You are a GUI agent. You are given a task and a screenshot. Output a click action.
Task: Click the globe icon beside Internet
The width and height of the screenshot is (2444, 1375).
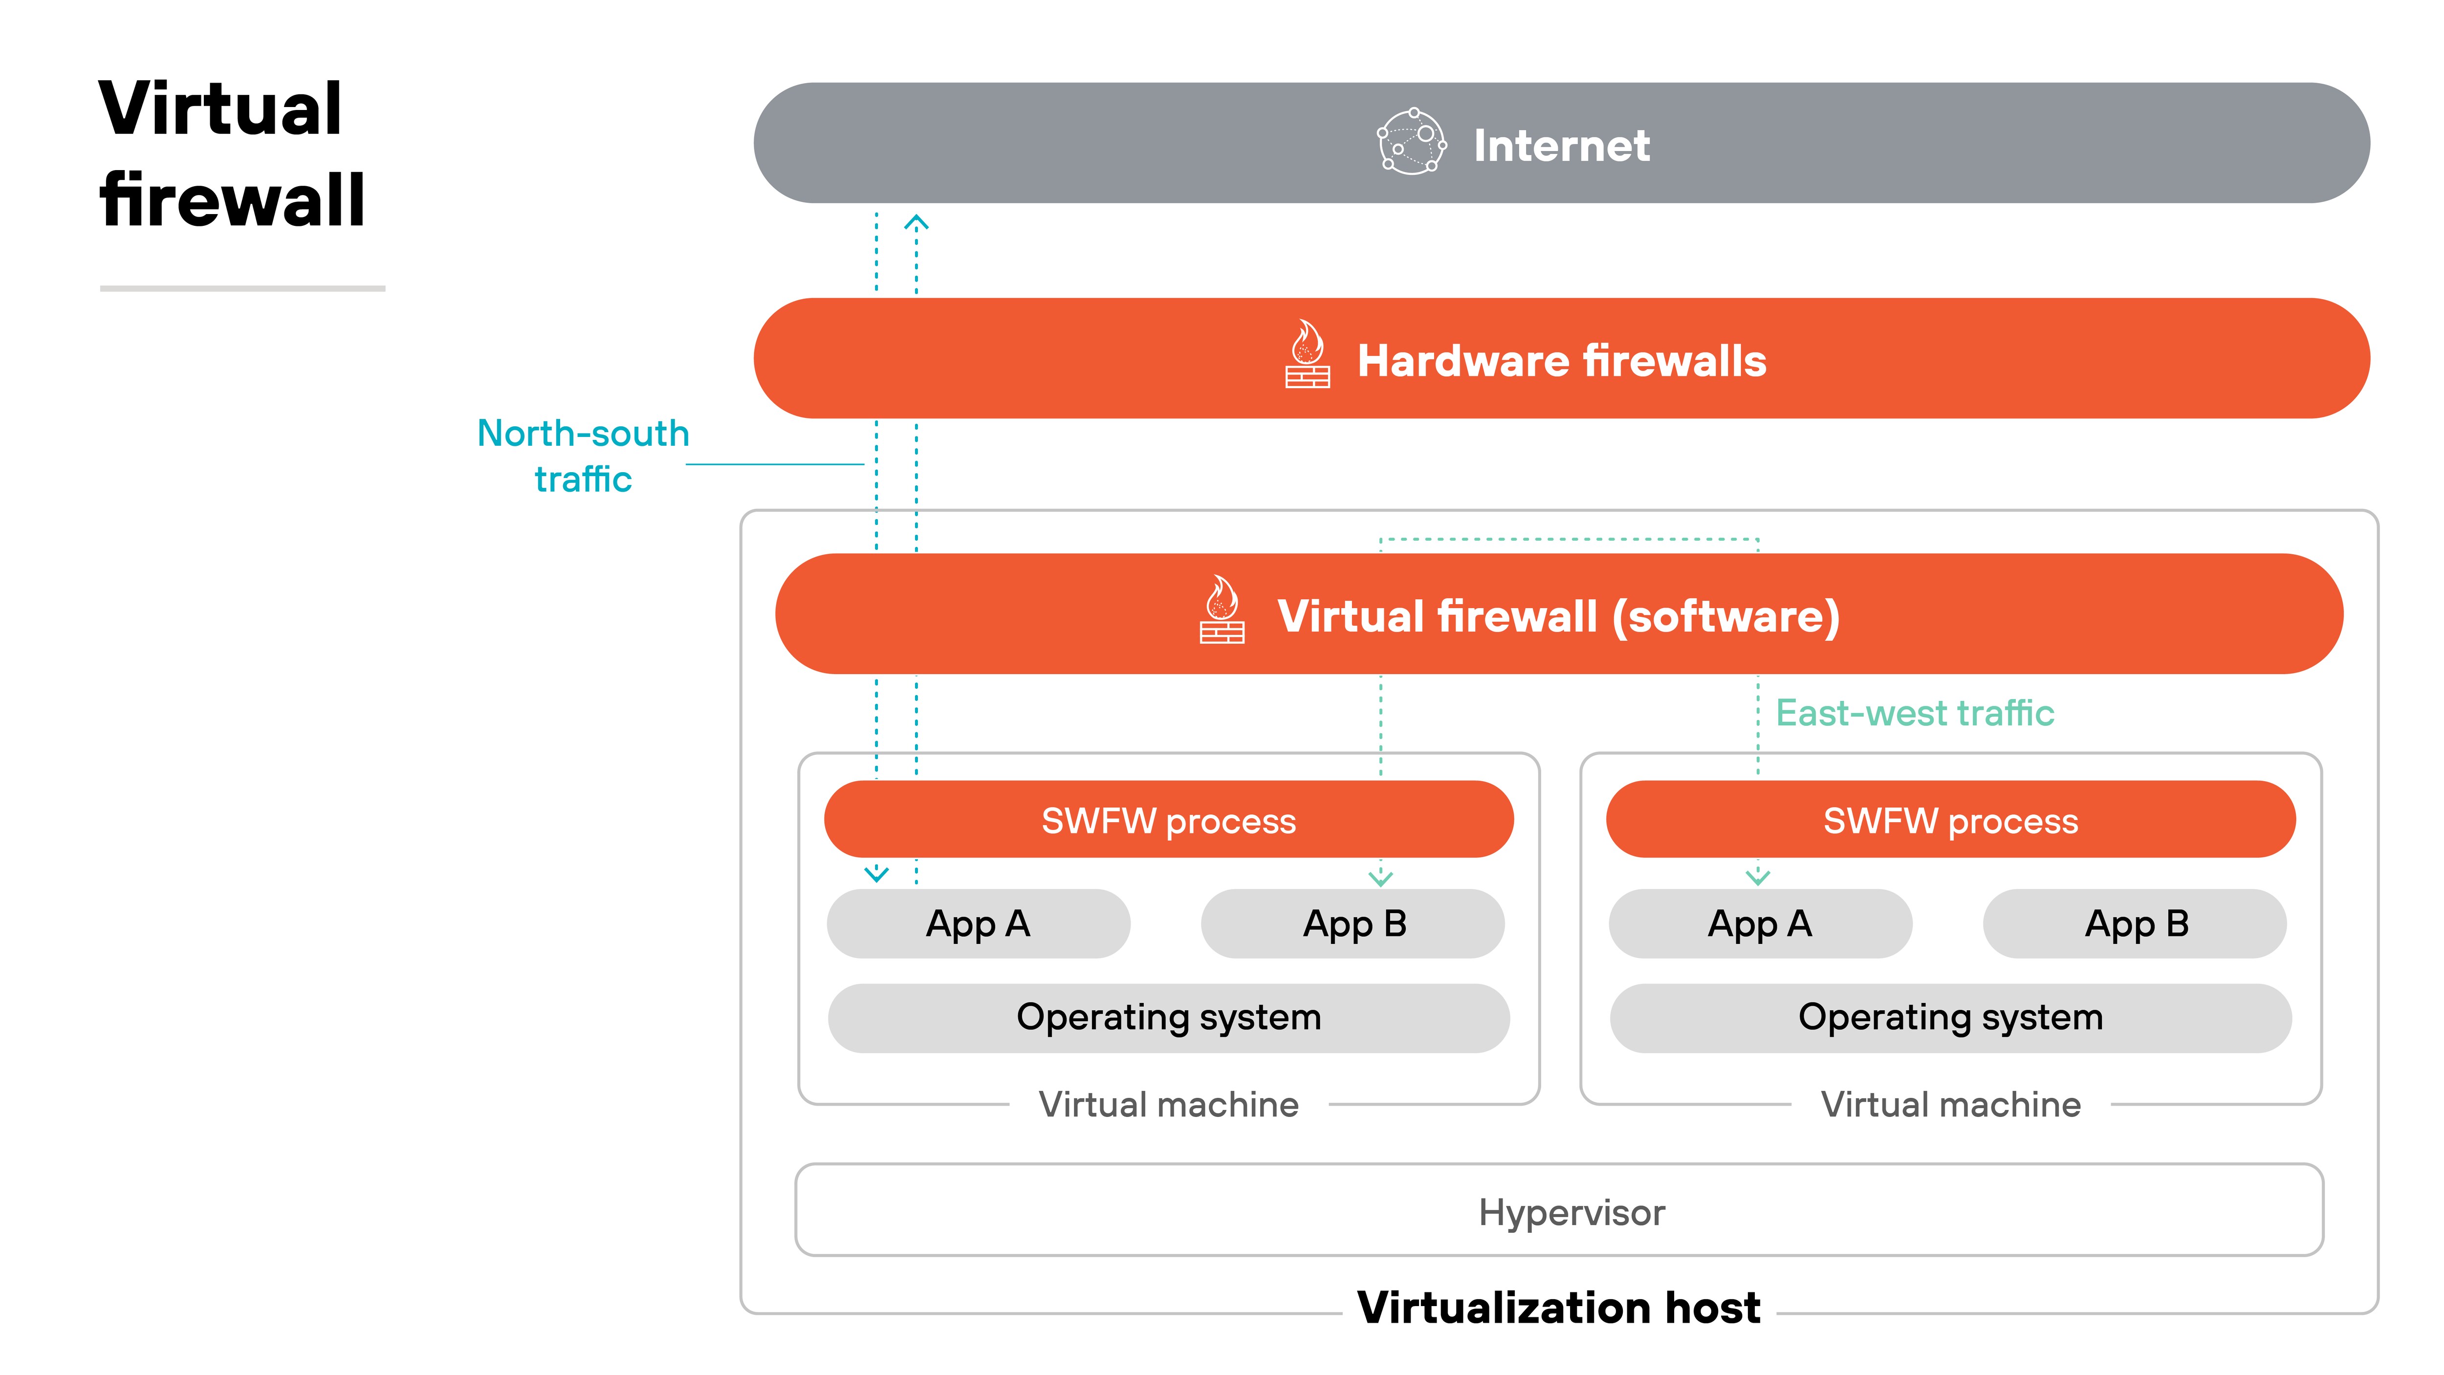(1411, 142)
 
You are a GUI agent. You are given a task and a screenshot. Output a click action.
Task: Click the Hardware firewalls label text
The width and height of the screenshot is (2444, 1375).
(1561, 361)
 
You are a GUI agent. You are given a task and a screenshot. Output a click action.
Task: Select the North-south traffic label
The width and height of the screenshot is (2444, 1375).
(583, 456)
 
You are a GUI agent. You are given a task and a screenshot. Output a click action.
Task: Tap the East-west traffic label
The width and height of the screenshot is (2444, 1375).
(1914, 713)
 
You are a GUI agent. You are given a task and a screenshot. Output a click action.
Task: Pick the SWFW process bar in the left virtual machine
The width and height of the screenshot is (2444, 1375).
(1168, 820)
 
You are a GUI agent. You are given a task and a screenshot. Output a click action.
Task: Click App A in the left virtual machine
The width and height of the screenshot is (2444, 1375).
(978, 923)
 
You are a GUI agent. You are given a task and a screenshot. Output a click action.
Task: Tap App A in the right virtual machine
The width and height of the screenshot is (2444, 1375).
(1760, 923)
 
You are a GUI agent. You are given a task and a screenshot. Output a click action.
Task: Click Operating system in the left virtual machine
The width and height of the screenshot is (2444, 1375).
(1168, 1017)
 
